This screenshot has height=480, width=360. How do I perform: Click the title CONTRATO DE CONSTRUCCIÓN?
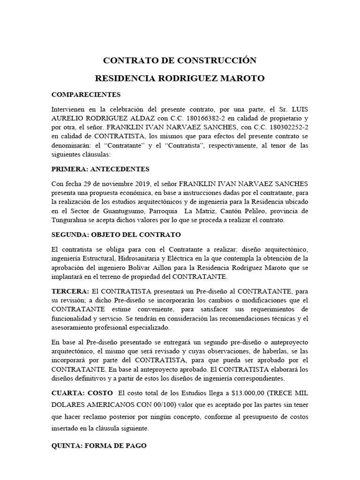pos(180,60)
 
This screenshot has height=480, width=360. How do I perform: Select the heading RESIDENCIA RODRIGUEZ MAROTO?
pos(180,78)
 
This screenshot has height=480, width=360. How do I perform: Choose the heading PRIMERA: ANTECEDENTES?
pos(100,169)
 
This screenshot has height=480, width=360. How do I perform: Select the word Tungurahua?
pos(73,220)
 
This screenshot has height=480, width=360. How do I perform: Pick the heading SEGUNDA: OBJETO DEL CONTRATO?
pos(116,234)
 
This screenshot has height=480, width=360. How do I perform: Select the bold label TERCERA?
pos(70,291)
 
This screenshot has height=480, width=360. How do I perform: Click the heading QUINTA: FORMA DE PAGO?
pos(98,446)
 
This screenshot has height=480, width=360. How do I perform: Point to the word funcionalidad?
pos(74,319)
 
